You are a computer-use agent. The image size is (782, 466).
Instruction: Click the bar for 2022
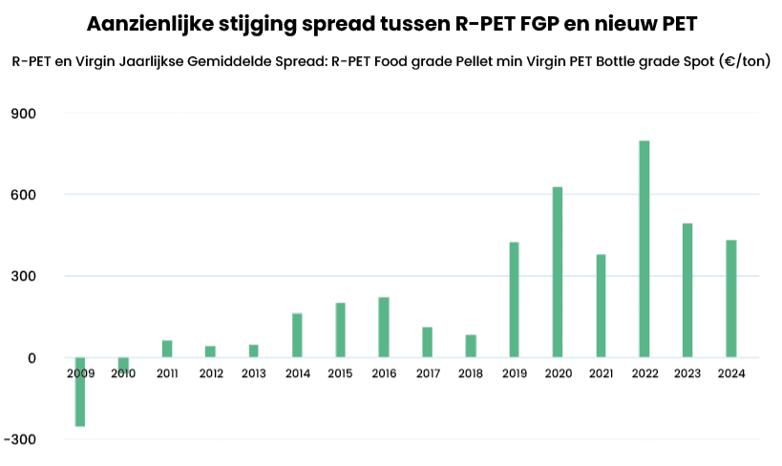tap(645, 249)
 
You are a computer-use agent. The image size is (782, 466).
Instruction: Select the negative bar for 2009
tap(80, 392)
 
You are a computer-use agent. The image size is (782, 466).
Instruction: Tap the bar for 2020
tap(558, 272)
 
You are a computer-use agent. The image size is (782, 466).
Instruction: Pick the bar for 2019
tap(515, 299)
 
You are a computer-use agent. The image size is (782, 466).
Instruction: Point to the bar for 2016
tap(384, 328)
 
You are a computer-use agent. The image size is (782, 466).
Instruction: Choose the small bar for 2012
tap(210, 351)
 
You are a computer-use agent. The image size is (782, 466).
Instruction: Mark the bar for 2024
tap(731, 298)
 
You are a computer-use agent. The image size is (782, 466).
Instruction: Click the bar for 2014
tap(297, 335)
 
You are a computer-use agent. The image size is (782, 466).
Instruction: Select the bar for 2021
tap(601, 306)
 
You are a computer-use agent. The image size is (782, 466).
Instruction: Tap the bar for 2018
tap(471, 346)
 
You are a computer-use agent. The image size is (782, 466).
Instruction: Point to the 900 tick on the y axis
tap(24, 114)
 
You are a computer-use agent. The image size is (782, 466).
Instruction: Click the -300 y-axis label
tap(20, 439)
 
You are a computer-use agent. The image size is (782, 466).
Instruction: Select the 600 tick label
tap(24, 195)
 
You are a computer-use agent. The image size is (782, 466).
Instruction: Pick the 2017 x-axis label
tap(428, 373)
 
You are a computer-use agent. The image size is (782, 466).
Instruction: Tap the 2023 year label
tap(687, 373)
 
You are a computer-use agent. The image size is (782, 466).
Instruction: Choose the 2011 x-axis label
tap(167, 373)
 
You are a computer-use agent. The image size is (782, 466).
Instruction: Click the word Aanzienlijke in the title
tap(151, 24)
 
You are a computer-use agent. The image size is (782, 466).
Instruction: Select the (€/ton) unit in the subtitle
tap(745, 61)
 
